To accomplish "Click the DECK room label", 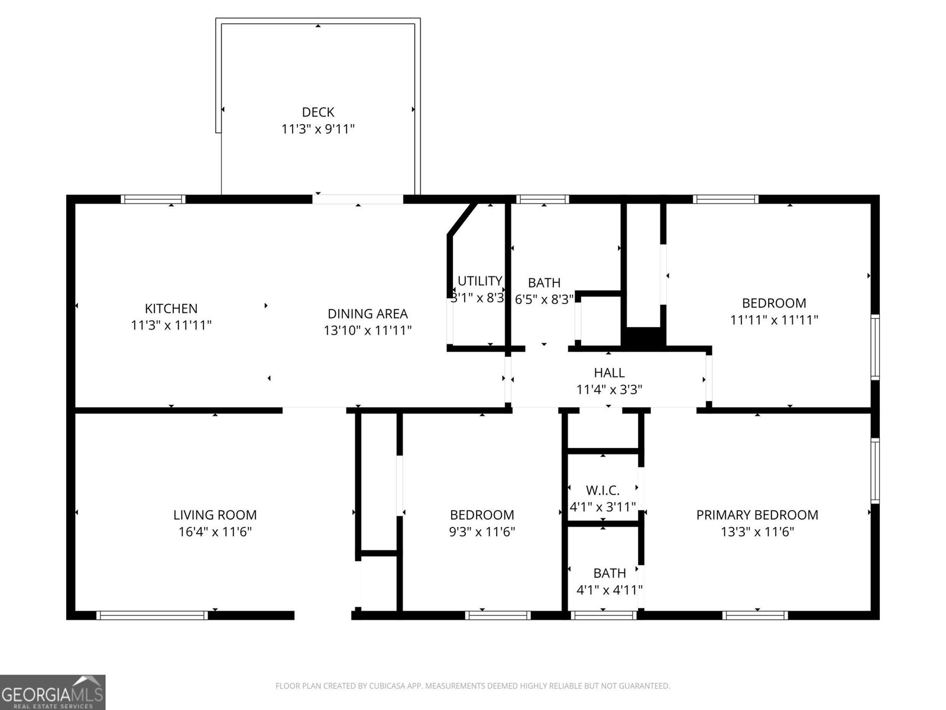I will pos(318,112).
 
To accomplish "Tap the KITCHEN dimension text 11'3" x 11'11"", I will pos(171,325).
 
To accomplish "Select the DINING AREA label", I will pos(368,314).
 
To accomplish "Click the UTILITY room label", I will pos(480,280).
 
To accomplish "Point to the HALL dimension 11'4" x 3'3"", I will pos(609,389).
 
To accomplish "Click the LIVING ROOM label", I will pos(215,515).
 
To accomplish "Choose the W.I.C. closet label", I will pos(602,490).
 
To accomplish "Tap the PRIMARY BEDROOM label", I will pos(757,515).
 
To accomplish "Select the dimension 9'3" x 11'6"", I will pos(482,531).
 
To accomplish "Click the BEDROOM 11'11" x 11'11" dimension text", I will pos(774,319).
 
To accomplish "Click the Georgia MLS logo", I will pos(53,692).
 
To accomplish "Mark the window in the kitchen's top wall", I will pos(153,199).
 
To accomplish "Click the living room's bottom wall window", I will pos(152,615).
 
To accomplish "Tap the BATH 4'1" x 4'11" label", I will pos(609,573).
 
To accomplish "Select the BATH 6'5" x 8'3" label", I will pos(544,283).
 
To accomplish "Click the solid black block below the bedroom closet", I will pos(643,337).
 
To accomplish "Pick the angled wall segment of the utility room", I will pos(462,220).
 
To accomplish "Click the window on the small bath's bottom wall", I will pos(604,615).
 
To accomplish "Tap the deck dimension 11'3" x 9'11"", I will pos(318,128).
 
